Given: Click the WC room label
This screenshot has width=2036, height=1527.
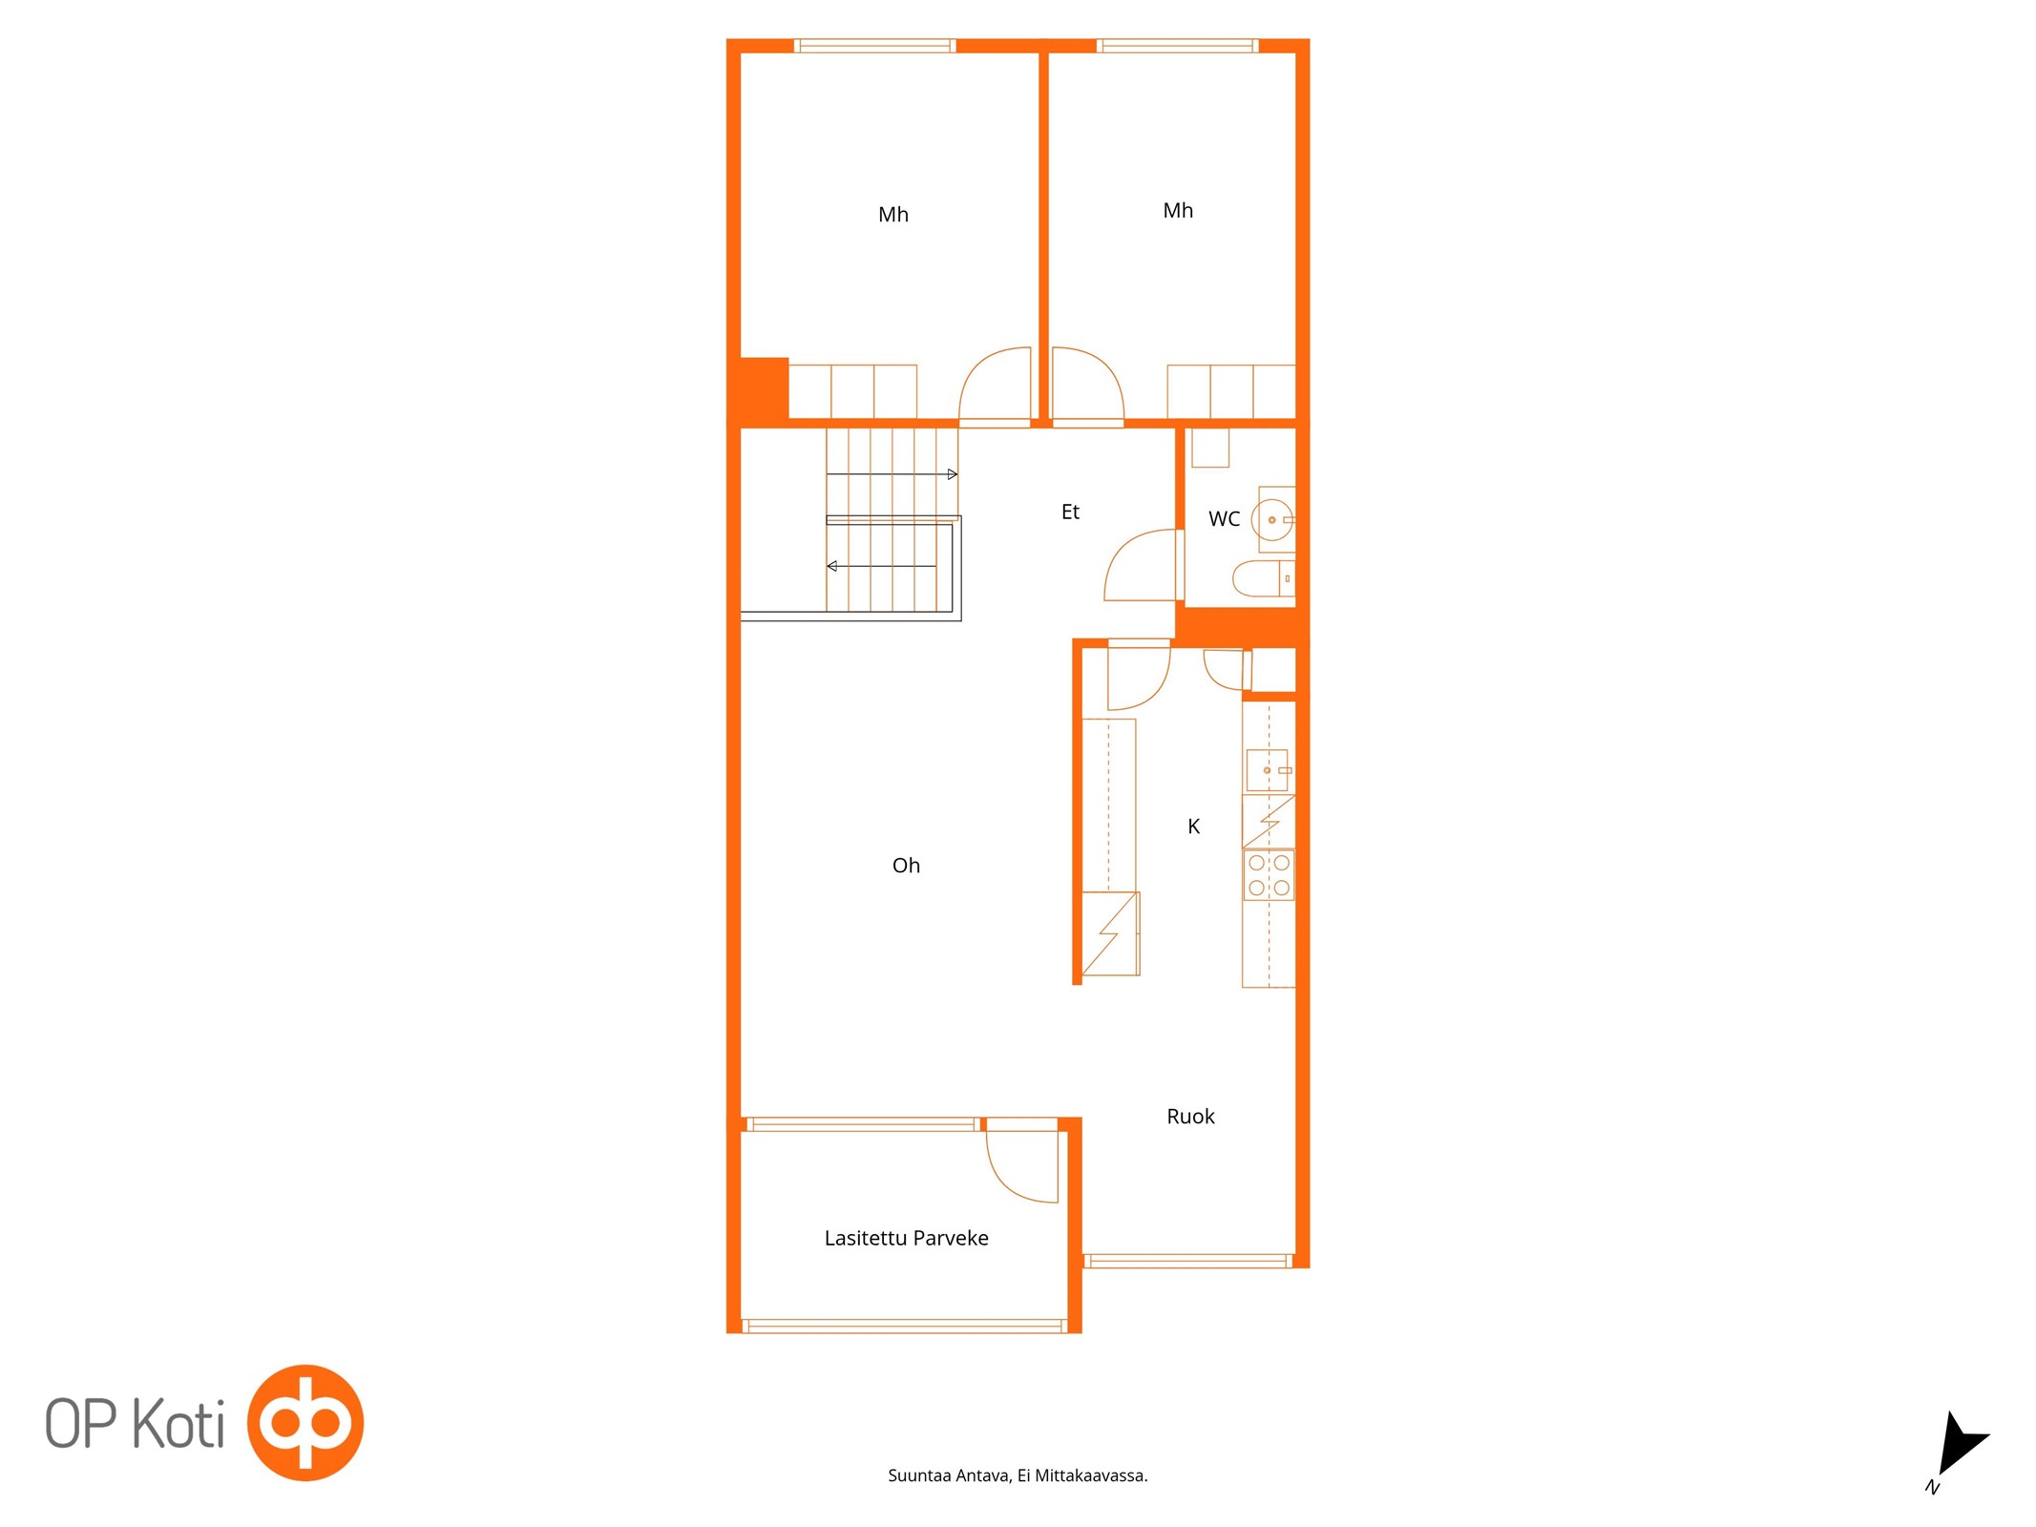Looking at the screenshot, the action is click(x=1224, y=519).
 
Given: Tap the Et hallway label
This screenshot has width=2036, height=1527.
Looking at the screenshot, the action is click(x=1070, y=512).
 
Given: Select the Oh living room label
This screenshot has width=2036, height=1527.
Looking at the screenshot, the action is click(x=906, y=866).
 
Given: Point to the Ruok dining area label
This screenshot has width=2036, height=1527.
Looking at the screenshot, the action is click(x=1190, y=1117).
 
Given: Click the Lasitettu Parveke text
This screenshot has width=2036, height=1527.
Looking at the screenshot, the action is click(x=906, y=1238).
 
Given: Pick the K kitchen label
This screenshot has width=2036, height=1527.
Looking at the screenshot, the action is click(x=1193, y=826).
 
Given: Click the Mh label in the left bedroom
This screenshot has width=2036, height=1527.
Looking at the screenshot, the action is click(x=892, y=215).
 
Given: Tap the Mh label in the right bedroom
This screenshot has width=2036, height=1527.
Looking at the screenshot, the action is click(x=1178, y=211).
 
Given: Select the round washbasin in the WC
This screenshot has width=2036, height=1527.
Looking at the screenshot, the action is click(x=1272, y=520).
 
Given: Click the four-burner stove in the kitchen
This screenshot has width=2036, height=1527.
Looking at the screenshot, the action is click(x=1269, y=875).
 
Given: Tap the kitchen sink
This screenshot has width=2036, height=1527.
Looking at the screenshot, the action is click(x=1267, y=770).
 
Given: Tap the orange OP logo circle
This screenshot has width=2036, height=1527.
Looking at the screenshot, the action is click(x=305, y=1422).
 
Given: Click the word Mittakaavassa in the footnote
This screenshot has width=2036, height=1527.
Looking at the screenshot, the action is click(x=1091, y=1475).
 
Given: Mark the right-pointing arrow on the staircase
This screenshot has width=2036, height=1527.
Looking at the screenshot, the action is click(x=892, y=474).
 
